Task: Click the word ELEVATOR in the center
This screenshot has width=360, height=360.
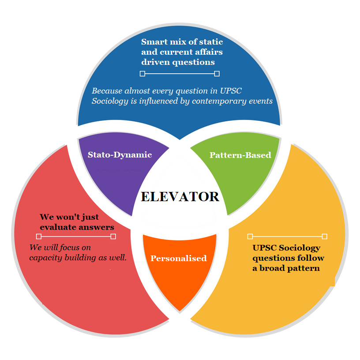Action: [180, 196]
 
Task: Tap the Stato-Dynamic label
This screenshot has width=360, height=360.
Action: [120, 155]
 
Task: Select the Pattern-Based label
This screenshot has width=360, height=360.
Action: [240, 155]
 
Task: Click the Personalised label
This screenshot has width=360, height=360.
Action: [179, 258]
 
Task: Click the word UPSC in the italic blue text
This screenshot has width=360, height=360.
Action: [231, 91]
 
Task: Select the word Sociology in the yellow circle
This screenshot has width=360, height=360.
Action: [300, 248]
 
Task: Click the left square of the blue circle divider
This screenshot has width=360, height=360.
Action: [142, 74]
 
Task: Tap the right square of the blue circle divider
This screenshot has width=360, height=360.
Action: [217, 74]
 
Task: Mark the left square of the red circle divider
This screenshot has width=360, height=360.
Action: [39, 236]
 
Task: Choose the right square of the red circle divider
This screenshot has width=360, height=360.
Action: [113, 236]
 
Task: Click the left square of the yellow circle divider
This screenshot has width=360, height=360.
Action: [250, 236]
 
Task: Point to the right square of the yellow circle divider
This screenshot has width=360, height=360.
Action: [324, 236]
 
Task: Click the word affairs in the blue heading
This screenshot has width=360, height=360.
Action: [209, 52]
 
